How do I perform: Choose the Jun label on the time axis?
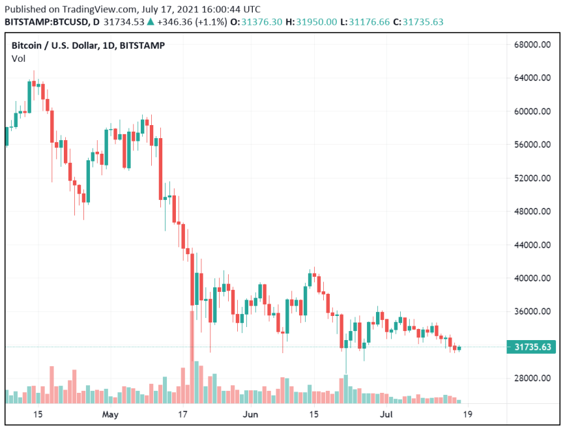click(x=251, y=414)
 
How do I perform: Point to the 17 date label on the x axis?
click(x=183, y=414)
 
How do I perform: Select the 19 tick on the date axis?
click(x=467, y=414)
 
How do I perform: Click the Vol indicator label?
click(x=18, y=59)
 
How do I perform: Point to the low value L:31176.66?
click(x=369, y=21)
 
